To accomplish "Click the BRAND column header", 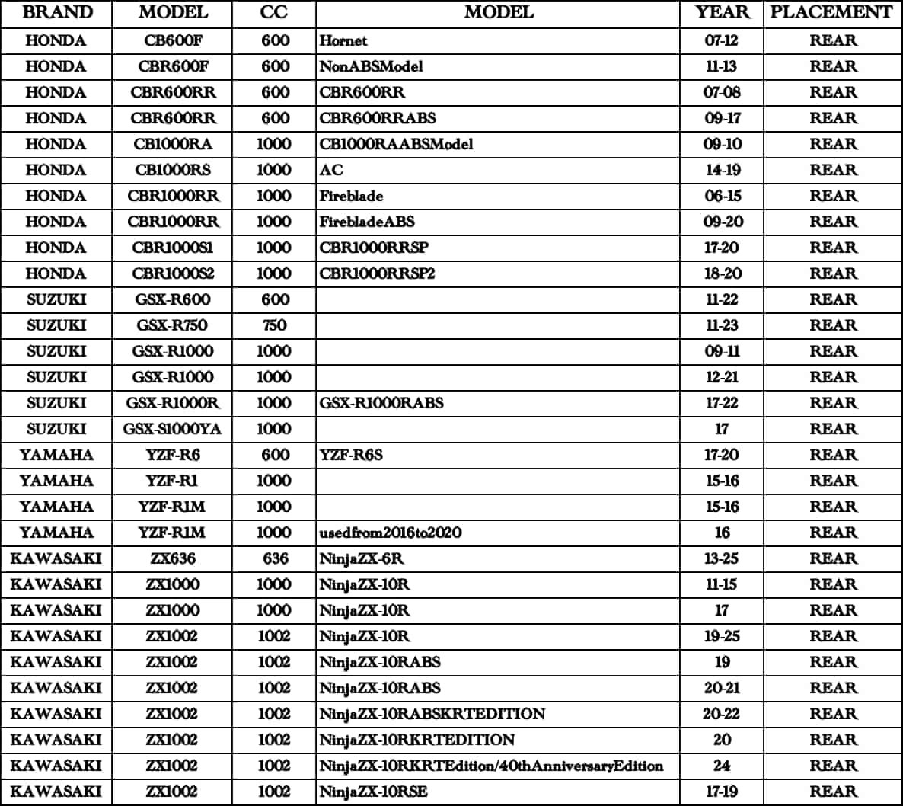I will [x=58, y=13].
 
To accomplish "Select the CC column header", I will [x=274, y=13].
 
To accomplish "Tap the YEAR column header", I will [x=722, y=13].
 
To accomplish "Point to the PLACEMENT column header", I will [x=831, y=13].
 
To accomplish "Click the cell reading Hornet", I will [x=343, y=40].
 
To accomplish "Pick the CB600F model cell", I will [x=173, y=40].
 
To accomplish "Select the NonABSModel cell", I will [x=371, y=66].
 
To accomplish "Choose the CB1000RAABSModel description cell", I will [x=396, y=144].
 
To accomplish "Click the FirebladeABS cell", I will [x=367, y=222].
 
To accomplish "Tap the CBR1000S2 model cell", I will [x=173, y=273].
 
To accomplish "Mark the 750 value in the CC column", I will [x=274, y=325].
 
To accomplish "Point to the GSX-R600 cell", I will [x=173, y=299].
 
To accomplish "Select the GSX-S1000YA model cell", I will [x=173, y=429].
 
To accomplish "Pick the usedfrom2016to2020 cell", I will [x=390, y=533].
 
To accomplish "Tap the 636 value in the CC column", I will [x=274, y=558].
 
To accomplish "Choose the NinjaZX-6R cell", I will [x=362, y=558].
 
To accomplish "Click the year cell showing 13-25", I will [x=722, y=558].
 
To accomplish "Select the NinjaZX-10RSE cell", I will [x=373, y=792].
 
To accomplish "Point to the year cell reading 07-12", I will [x=722, y=40].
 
